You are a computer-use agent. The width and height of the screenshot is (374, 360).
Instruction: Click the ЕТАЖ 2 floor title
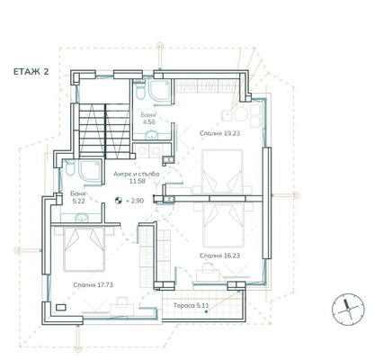tap(31, 72)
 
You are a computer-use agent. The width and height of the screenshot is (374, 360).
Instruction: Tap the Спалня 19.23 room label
tap(219, 133)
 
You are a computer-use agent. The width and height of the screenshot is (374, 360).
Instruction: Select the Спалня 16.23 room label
tap(219, 256)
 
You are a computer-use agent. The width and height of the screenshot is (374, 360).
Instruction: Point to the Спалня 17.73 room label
tap(93, 284)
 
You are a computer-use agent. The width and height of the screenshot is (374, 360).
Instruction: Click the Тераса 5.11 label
tap(191, 306)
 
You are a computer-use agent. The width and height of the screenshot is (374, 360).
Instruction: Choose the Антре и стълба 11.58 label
tap(137, 177)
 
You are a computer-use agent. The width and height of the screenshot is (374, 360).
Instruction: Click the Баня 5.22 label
tap(78, 197)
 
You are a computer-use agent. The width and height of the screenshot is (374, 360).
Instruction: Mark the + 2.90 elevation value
tap(135, 201)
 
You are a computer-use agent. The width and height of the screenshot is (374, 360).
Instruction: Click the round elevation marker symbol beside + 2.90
tap(118, 201)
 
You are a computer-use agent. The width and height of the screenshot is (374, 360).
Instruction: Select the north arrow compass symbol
tap(348, 309)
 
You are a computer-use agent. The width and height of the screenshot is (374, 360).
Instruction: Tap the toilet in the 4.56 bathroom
tap(139, 89)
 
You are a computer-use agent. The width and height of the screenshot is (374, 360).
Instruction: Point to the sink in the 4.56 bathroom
tap(152, 135)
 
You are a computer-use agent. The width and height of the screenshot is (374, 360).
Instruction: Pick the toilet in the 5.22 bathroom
tap(69, 168)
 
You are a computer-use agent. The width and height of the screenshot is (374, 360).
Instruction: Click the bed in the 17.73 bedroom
tap(85, 249)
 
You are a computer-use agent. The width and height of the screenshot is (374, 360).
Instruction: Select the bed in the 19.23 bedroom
tap(222, 172)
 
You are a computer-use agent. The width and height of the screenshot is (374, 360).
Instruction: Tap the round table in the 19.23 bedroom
tap(241, 114)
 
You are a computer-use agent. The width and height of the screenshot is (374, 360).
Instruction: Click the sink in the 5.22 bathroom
tap(81, 218)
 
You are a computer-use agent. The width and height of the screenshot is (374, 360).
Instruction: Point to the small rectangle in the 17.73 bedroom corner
tap(61, 307)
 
